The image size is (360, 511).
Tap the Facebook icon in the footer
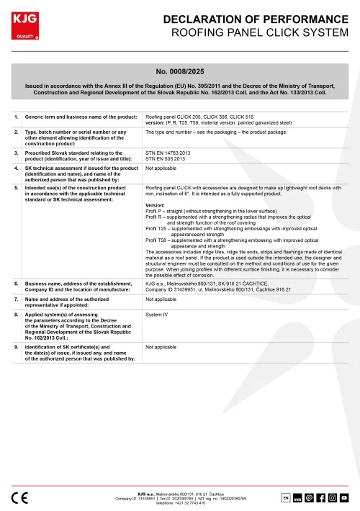[x=320, y=497]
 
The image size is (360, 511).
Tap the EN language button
[x=285, y=497]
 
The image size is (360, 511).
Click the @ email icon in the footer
[x=309, y=497]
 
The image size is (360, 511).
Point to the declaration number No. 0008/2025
[x=179, y=71]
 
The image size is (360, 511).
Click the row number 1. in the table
[x=17, y=116]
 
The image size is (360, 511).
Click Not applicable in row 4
[x=161, y=168]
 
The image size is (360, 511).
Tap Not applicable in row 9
[x=161, y=347]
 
